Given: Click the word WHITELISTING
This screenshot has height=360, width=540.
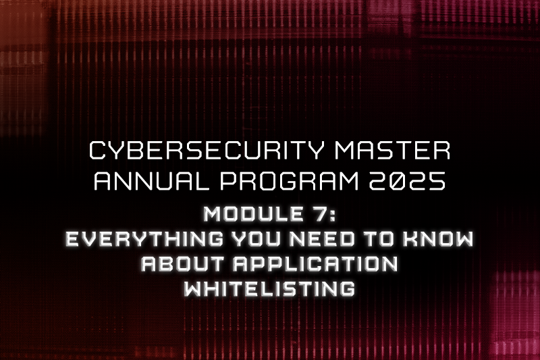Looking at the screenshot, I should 269,288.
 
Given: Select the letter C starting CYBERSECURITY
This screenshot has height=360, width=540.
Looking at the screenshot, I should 99,151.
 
